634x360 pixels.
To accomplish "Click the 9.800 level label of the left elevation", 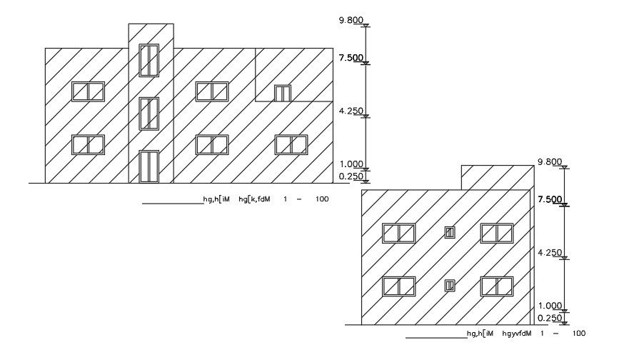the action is click(351, 21).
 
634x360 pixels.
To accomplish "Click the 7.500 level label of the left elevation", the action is click(351, 58).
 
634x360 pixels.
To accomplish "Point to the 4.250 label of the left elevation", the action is click(351, 111).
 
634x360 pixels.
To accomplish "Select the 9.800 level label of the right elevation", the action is click(549, 162).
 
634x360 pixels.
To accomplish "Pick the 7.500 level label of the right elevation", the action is click(549, 199).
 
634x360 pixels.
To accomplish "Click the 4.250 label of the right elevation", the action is click(549, 252).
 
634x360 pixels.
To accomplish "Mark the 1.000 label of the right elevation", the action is click(549, 306).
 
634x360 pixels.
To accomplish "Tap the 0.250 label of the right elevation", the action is click(549, 318).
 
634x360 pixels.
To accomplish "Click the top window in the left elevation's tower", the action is click(149, 60).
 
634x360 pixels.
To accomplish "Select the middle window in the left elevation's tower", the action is click(149, 114).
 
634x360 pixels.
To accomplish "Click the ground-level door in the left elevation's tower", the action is click(149, 166).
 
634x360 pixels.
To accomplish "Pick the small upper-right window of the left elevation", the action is click(283, 93).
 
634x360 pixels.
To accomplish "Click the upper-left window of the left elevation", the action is click(88, 91).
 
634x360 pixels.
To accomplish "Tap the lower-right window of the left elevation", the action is click(291, 144).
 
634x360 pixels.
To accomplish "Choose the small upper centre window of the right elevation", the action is click(450, 232).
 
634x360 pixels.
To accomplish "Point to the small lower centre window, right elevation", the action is click(450, 286).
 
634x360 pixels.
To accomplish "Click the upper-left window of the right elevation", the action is click(398, 233).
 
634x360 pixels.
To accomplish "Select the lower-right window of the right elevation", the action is click(497, 286).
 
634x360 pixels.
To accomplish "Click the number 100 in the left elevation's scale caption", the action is click(321, 199).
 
